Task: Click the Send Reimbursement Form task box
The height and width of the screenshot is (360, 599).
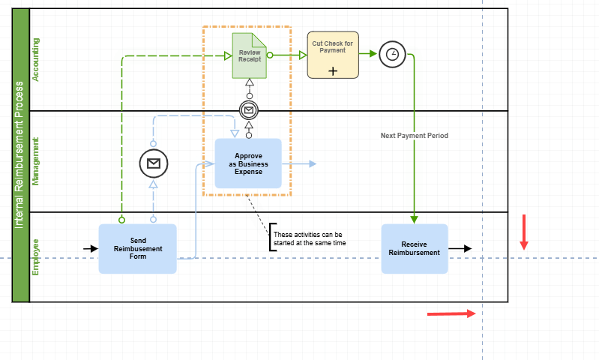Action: (x=138, y=249)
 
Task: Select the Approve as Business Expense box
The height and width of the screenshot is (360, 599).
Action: (x=248, y=163)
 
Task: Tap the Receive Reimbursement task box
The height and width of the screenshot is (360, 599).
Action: (x=414, y=248)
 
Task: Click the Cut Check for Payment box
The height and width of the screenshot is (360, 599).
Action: (x=333, y=55)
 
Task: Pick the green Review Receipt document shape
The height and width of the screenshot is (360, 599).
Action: (x=248, y=55)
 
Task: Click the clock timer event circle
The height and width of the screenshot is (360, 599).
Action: (x=392, y=55)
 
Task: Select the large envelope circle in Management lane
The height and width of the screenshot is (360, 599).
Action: (x=153, y=163)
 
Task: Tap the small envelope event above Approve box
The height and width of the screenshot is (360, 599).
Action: (x=249, y=110)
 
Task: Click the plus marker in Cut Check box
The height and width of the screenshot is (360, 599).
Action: (x=333, y=70)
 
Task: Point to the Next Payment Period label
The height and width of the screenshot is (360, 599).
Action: (x=414, y=136)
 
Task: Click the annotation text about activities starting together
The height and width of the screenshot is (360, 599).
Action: (x=310, y=238)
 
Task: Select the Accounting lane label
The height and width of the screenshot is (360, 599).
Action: (x=36, y=59)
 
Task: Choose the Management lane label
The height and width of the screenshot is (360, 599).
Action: (x=36, y=161)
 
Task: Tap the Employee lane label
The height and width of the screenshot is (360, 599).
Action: (x=36, y=257)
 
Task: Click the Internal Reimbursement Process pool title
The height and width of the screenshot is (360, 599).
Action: (x=20, y=155)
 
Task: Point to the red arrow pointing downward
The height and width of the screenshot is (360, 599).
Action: (x=524, y=232)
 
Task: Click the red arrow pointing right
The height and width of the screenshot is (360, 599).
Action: (x=451, y=313)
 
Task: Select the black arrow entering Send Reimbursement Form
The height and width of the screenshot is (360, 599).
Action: (x=91, y=248)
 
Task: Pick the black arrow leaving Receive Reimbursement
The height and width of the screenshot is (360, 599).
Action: (x=460, y=248)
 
